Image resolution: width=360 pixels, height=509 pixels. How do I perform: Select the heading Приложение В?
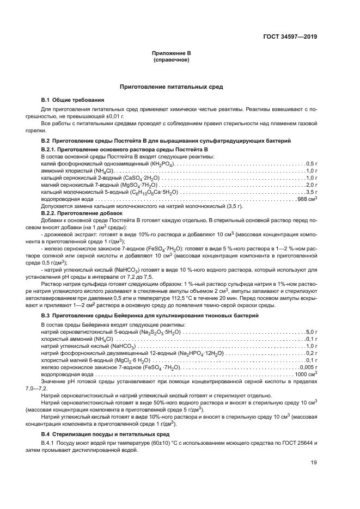click(x=172, y=53)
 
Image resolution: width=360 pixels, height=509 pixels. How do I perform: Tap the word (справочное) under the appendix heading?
click(x=172, y=59)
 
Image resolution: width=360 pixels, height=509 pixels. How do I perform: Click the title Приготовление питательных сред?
click(x=172, y=87)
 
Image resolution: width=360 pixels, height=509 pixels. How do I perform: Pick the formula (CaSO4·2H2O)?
click(x=140, y=177)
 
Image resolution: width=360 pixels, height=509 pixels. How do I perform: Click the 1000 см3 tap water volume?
click(x=306, y=374)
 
